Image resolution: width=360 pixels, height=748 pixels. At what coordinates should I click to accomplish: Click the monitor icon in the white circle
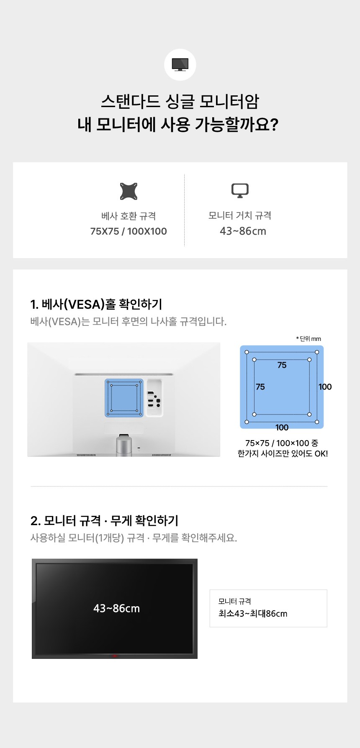point(180,65)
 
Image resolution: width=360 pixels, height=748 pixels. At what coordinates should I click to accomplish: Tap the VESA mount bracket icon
point(129,191)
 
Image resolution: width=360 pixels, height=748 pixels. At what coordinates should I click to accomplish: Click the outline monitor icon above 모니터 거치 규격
point(240,190)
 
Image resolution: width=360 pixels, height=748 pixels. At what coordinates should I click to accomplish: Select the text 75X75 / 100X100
point(129,231)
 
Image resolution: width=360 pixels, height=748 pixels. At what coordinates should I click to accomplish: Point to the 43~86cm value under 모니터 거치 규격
point(243,231)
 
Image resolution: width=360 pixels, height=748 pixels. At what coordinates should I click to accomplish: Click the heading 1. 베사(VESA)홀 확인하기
point(96,304)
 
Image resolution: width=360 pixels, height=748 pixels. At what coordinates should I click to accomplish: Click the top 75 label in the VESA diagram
point(282,365)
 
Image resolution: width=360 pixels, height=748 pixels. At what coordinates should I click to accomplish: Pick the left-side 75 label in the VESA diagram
point(260,387)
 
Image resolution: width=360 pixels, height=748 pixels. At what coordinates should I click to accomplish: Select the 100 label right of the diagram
point(325,387)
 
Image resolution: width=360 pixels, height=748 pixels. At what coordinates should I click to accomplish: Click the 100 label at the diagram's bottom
point(282,428)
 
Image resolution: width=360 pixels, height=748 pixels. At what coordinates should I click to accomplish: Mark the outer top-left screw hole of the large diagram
point(247,352)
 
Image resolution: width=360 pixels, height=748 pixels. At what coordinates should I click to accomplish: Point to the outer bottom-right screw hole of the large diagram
point(317,422)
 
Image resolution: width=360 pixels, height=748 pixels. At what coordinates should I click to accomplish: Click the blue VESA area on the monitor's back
point(124,398)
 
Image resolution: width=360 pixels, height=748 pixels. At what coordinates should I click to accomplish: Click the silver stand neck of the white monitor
point(124,446)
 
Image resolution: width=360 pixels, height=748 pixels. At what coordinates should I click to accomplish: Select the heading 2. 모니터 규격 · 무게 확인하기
point(104,520)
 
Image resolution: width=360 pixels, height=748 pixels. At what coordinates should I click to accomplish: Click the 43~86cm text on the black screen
point(117,609)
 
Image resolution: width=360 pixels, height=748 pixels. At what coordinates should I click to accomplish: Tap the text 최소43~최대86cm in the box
point(253,614)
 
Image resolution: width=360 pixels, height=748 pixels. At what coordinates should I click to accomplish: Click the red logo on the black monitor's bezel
point(115,656)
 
